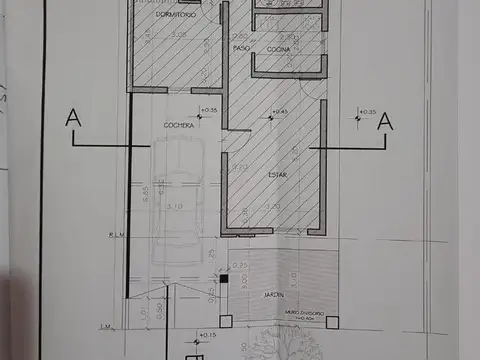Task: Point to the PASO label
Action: coord(240,48)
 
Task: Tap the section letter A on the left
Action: coord(72,118)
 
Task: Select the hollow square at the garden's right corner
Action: coord(335,321)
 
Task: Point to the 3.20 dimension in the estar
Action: coord(272,206)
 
